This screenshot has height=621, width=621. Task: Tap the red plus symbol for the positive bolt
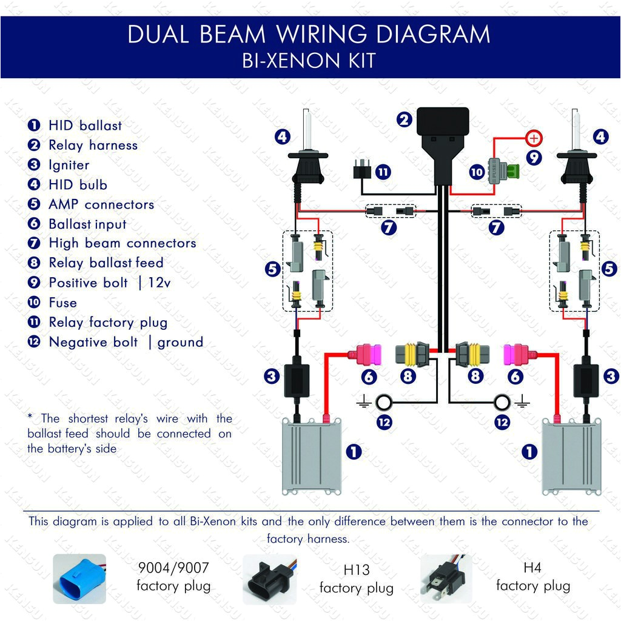533,138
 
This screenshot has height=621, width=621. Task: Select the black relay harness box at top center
443,125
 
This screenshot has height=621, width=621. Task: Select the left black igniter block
297,376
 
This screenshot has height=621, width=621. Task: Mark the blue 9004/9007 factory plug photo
79,579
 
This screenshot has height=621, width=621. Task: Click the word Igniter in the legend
69,165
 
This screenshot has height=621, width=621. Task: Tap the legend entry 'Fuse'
62,303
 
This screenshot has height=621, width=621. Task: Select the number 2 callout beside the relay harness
404,120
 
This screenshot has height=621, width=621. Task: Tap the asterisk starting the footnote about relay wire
30,417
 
